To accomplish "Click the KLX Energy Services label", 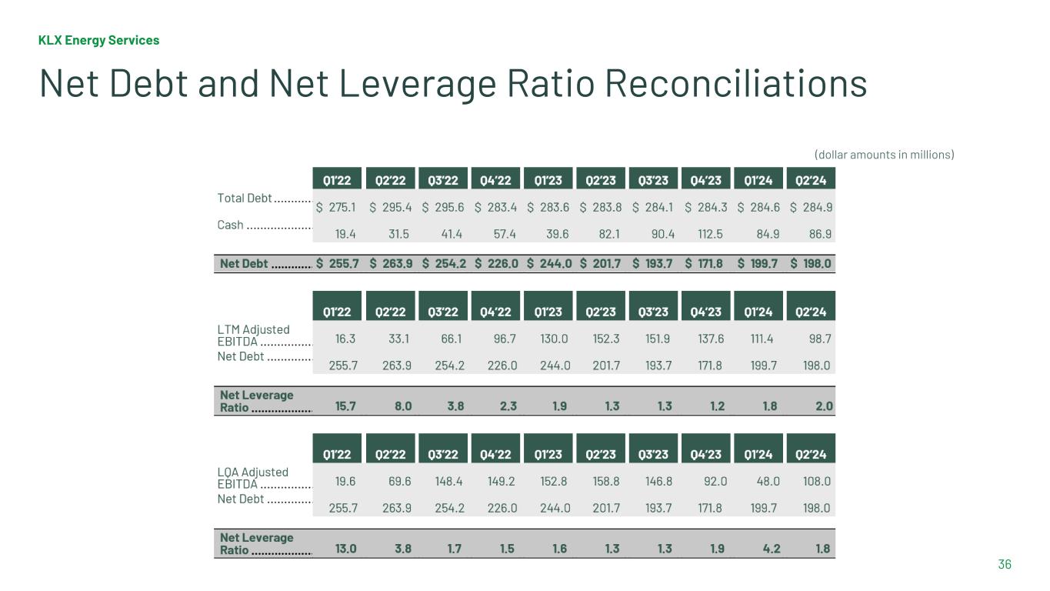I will click(x=99, y=40).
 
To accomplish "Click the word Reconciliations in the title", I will click(x=735, y=83).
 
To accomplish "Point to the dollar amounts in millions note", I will click(x=884, y=155).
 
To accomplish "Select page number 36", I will click(x=1005, y=565).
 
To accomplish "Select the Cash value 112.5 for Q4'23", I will click(x=707, y=233).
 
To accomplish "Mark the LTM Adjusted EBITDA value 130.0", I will click(x=555, y=339).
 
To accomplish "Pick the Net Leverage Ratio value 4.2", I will click(x=771, y=549).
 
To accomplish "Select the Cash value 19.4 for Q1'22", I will click(x=345, y=233).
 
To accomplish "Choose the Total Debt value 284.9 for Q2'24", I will click(x=817, y=207).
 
